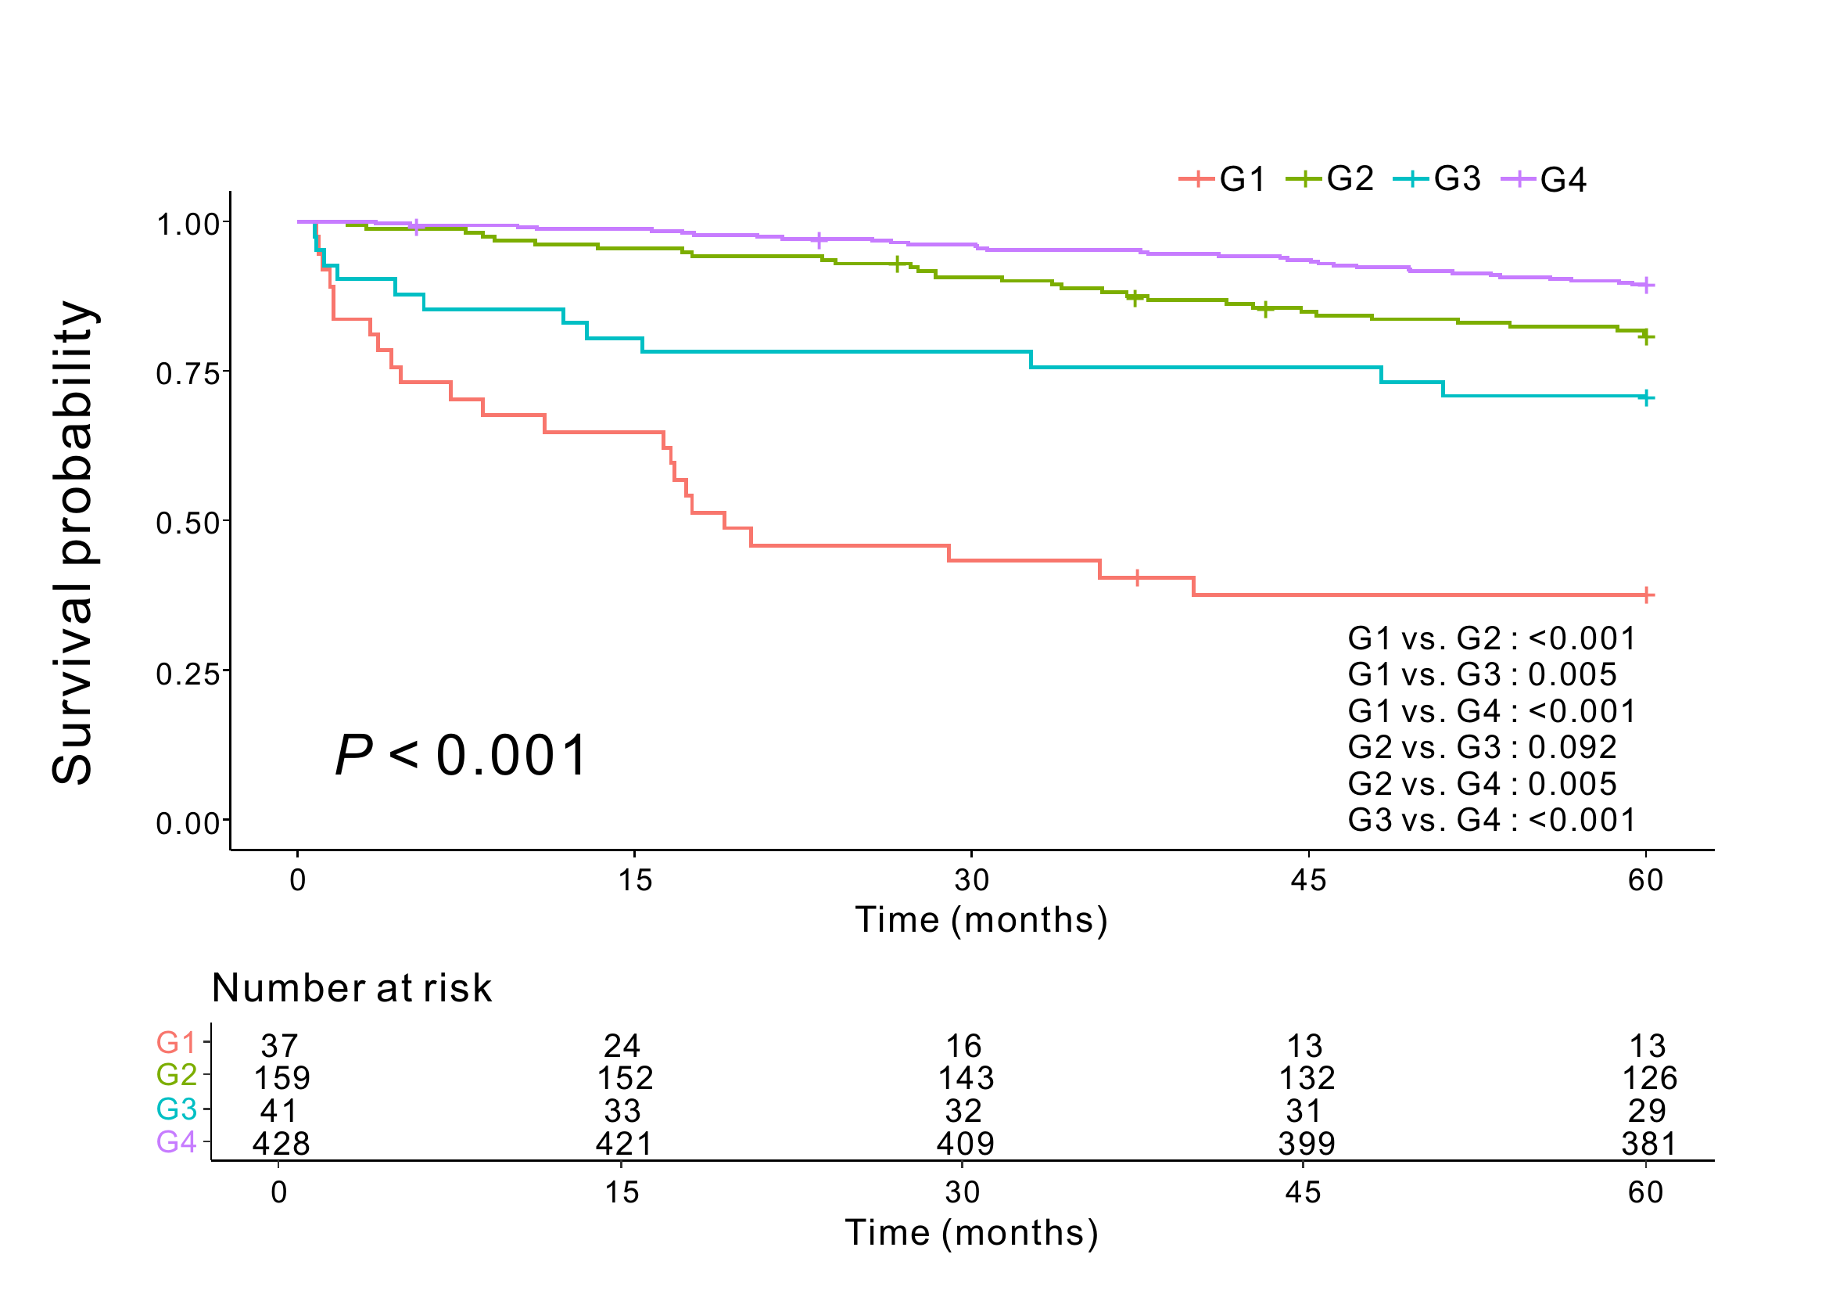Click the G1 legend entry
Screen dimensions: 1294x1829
point(1224,179)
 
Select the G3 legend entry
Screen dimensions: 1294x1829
point(1438,179)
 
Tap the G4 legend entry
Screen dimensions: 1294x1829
point(1544,179)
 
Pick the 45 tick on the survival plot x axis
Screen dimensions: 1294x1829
point(1308,880)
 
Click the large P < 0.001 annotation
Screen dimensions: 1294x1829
point(461,756)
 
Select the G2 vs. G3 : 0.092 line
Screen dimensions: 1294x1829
point(1482,747)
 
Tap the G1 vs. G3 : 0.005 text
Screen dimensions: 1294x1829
point(1482,675)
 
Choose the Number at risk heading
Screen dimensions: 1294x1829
point(351,988)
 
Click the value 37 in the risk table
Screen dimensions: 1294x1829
point(280,1045)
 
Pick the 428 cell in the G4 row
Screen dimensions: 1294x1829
point(282,1144)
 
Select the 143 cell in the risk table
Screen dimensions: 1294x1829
point(966,1078)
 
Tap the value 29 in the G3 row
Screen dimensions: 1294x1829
point(1647,1111)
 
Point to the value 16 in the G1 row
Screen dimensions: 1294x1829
point(964,1045)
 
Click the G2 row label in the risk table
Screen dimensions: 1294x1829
point(176,1075)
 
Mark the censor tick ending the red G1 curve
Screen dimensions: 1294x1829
point(1647,595)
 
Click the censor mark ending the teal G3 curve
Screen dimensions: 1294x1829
point(1647,397)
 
